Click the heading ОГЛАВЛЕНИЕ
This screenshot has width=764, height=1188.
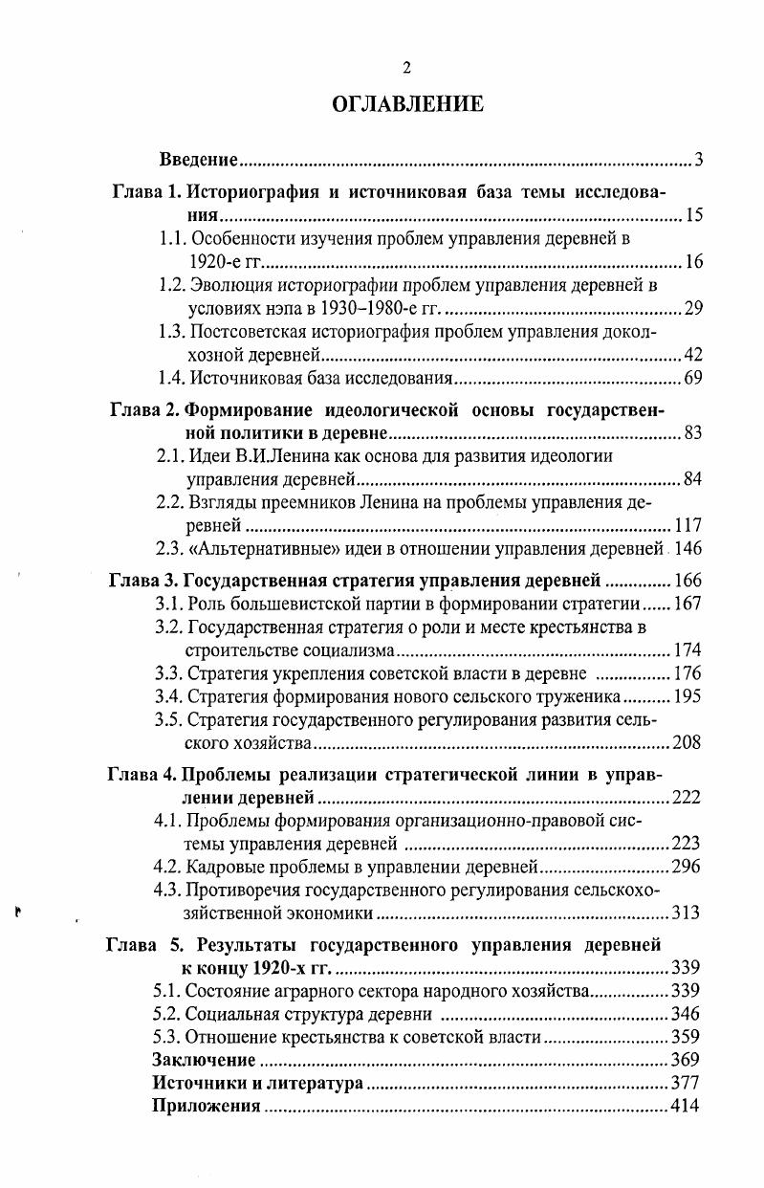[x=406, y=104]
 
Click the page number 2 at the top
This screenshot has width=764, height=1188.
[x=406, y=67]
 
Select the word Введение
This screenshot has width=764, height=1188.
[x=198, y=159]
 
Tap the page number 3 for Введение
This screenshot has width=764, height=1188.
[x=699, y=159]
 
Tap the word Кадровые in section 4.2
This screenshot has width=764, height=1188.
[x=219, y=867]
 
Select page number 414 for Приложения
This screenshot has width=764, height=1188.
[x=686, y=1106]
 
